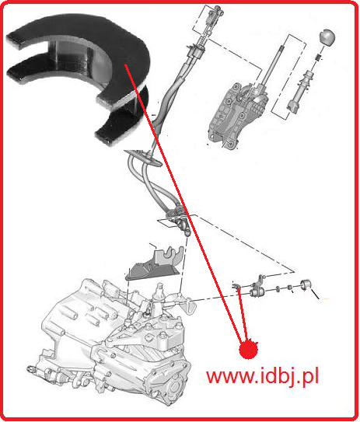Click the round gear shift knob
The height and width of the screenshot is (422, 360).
pos(327,37)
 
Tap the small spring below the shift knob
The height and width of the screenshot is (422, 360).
pos(319,58)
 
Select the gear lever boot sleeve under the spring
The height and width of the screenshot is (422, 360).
pos(300,91)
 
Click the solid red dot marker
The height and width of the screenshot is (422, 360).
pos(249,349)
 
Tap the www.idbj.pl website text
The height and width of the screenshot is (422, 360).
pos(263,376)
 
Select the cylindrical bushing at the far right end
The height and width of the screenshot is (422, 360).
pos(306,284)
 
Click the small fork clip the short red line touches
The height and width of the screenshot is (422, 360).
pos(236,286)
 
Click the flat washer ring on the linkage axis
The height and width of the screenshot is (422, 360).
pos(278,289)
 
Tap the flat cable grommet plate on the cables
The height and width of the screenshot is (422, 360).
pos(143,158)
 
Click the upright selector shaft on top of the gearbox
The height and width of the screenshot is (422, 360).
pos(159,295)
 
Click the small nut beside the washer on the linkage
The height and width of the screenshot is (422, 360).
pos(290,287)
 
